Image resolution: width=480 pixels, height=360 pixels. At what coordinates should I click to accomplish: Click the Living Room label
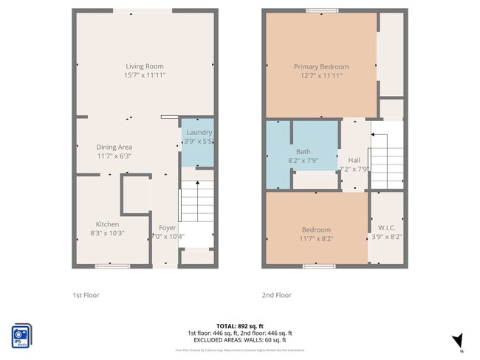click(x=145, y=66)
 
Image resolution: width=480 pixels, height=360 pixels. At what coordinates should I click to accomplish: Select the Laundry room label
click(x=199, y=132)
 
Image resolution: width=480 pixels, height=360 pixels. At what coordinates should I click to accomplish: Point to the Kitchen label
click(x=107, y=224)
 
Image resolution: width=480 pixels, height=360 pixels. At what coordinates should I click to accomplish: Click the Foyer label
click(x=167, y=228)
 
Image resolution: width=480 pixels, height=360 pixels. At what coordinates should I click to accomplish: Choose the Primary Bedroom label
click(x=320, y=66)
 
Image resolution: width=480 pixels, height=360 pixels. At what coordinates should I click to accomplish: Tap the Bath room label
click(x=283, y=151)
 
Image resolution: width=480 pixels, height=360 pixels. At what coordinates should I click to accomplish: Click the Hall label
click(x=354, y=160)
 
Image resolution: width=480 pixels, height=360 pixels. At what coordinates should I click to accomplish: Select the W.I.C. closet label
click(x=386, y=228)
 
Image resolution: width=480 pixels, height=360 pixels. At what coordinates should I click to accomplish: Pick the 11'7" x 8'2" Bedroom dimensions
click(x=316, y=238)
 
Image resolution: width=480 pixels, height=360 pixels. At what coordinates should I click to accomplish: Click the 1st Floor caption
click(x=86, y=295)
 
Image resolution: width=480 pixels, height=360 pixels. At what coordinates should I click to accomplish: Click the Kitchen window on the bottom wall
click(x=112, y=266)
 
